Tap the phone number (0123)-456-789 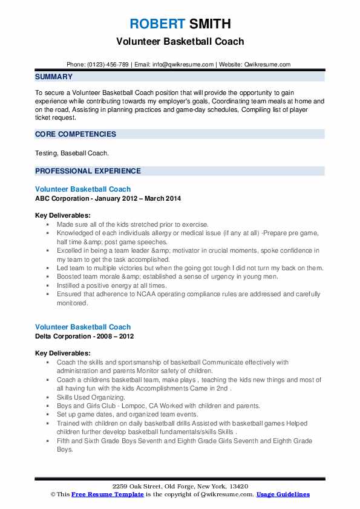tap(107, 65)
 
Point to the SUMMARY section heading tap(54, 77)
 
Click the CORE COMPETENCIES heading tap(76, 134)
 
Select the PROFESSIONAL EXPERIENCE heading tap(88, 171)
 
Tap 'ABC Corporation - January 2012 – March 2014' tap(108, 198)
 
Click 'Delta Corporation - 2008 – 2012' tap(85, 336)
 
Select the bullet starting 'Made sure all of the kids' tap(133, 224)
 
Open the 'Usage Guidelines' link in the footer tap(283, 494)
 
